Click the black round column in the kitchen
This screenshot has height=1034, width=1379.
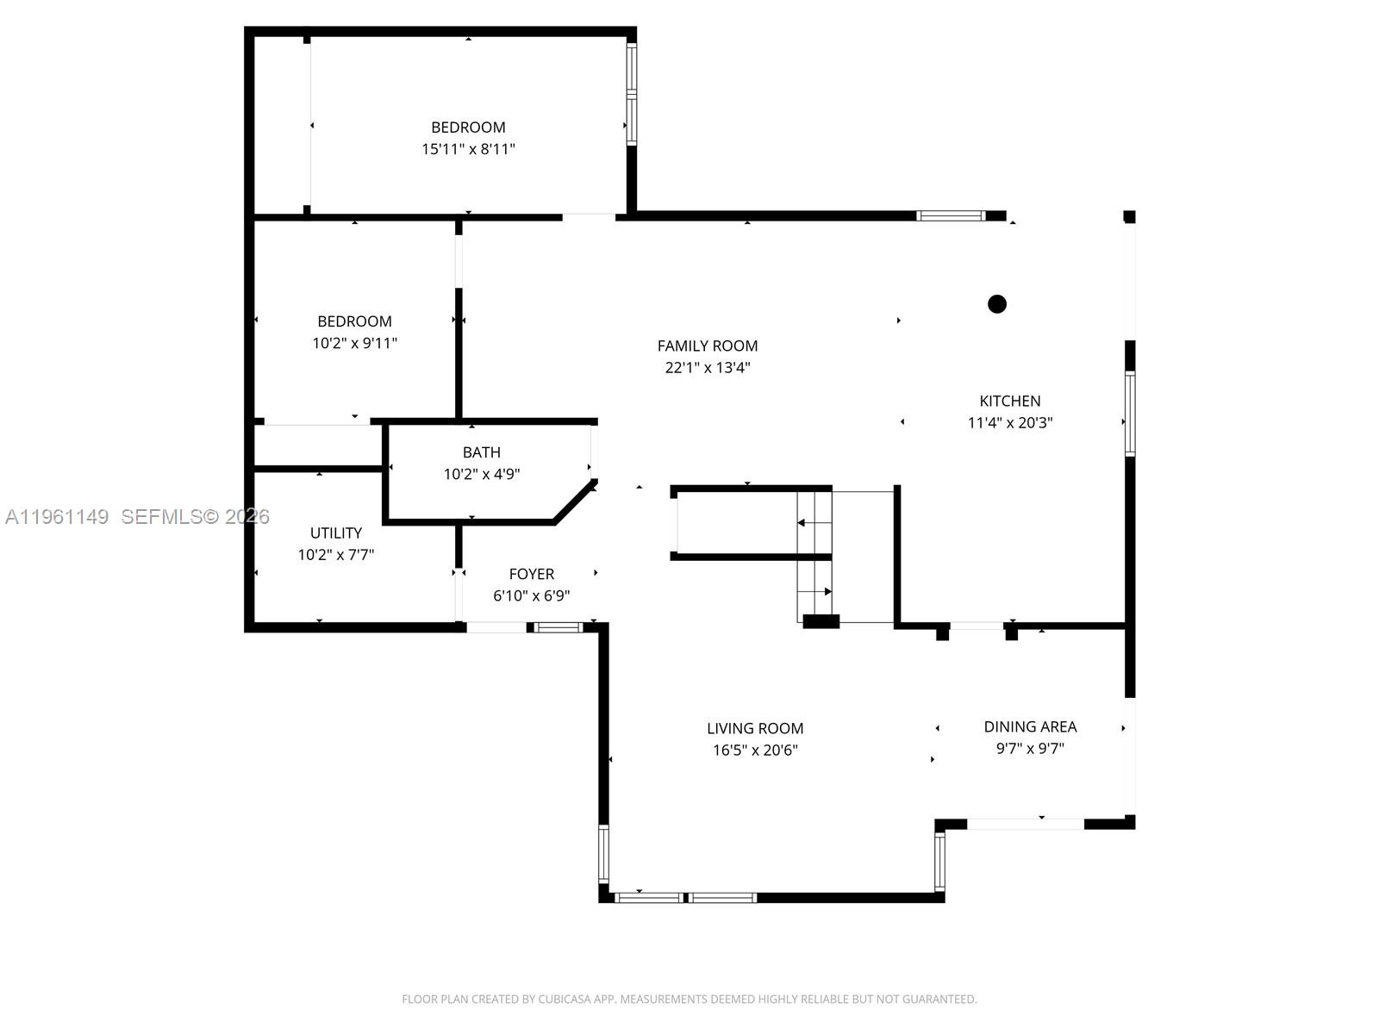[x=997, y=303]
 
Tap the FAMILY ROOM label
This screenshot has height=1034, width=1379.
[x=708, y=346]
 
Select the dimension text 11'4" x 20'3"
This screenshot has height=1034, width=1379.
[x=1010, y=423]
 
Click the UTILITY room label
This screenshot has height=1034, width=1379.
[x=336, y=533]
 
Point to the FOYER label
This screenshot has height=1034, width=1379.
[x=532, y=574]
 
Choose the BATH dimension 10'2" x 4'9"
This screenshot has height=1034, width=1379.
[x=482, y=474]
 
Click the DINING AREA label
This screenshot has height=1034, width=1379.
[x=1030, y=726]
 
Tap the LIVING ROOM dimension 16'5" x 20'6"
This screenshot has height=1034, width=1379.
[x=755, y=751]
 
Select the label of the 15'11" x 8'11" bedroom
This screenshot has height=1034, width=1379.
[x=468, y=128]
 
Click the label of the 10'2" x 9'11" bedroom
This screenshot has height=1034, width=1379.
[x=354, y=321]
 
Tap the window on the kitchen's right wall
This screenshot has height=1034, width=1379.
[x=1129, y=414]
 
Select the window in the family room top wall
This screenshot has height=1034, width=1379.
[x=950, y=215]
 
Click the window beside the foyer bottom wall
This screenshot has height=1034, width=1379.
[x=558, y=627]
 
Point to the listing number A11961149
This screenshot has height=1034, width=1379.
[x=57, y=517]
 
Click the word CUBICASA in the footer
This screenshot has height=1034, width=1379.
[x=565, y=1000]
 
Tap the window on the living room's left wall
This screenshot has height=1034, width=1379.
[x=603, y=853]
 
